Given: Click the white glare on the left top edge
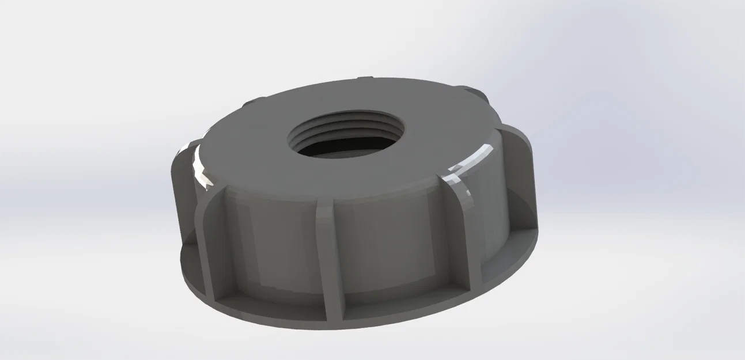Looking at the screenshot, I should click(x=199, y=166).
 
